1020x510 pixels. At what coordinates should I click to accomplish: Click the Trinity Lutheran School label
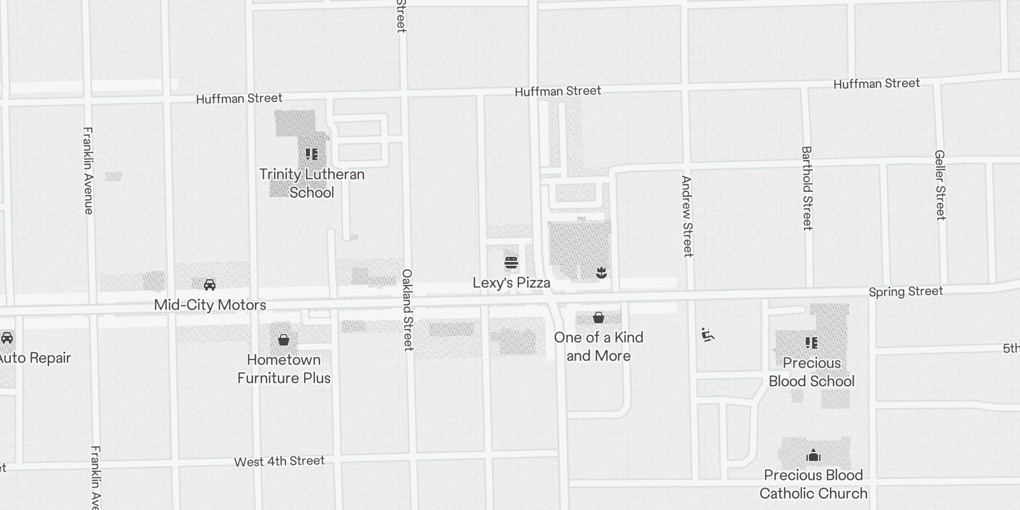tap(312, 183)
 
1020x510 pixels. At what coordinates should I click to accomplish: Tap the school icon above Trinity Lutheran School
tap(312, 154)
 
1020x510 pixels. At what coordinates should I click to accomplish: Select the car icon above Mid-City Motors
tap(210, 284)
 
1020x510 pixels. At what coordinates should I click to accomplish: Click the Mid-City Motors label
tap(210, 305)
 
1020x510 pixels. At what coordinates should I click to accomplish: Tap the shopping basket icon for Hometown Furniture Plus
tap(284, 340)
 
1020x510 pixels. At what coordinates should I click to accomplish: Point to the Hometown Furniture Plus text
tap(284, 368)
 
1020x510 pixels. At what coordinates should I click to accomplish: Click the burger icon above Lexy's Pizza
tap(511, 263)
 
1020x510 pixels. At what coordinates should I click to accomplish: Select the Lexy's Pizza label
tap(511, 282)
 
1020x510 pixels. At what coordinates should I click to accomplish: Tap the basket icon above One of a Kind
tap(599, 317)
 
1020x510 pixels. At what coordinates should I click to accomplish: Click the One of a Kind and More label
tap(599, 346)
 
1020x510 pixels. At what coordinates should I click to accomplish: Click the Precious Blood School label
tap(811, 372)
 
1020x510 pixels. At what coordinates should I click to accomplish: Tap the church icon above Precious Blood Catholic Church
tap(813, 455)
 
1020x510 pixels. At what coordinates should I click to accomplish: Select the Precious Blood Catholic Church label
tap(813, 484)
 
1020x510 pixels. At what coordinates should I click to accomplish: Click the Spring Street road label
tap(905, 291)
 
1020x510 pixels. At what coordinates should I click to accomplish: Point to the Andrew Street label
tap(687, 217)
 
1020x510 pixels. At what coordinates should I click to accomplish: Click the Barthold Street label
tap(806, 188)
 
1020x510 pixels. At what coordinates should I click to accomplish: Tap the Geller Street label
tap(939, 185)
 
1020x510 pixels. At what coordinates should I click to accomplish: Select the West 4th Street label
tap(279, 461)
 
